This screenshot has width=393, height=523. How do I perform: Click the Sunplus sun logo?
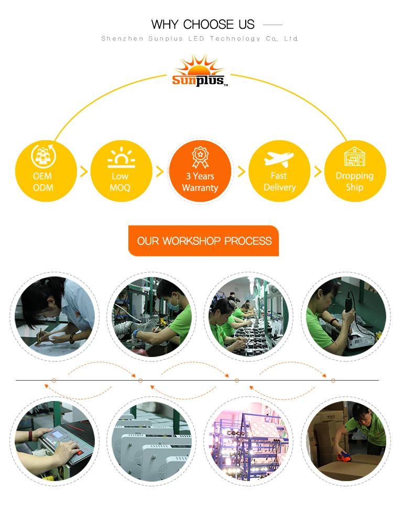(x=199, y=71)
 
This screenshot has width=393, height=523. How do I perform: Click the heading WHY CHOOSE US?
(x=203, y=25)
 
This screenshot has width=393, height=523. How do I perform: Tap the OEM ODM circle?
(x=43, y=171)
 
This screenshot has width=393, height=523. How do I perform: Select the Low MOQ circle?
(x=121, y=171)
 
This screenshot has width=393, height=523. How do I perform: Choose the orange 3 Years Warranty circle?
(x=200, y=171)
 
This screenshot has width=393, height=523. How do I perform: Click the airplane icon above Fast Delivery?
(x=279, y=158)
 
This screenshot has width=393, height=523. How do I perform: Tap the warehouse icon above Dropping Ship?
(x=355, y=157)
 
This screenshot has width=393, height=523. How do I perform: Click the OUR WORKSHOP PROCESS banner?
(x=204, y=241)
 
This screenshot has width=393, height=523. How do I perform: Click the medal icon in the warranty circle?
(x=200, y=155)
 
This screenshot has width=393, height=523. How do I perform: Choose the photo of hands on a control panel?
(x=55, y=441)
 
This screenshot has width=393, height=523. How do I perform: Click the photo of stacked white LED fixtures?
(x=152, y=441)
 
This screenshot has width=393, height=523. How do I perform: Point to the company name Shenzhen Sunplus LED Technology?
(x=200, y=39)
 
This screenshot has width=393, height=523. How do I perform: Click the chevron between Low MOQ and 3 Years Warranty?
(x=160, y=171)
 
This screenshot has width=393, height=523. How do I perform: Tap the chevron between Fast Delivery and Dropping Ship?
(x=316, y=171)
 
